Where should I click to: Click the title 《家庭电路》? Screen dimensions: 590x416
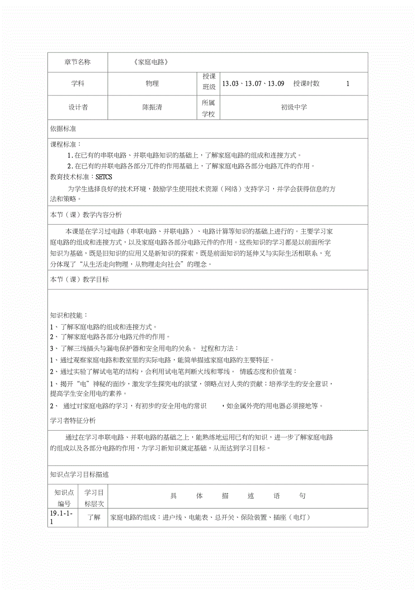tap(151, 62)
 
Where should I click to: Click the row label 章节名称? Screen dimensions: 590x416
tap(77, 62)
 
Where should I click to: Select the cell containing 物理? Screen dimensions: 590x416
tap(152, 83)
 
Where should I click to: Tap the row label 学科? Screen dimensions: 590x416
tap(77, 83)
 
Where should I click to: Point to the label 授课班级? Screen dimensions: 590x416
tap(209, 82)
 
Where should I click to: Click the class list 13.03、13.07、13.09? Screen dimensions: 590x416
tap(253, 83)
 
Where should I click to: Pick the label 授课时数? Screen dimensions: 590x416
tap(306, 83)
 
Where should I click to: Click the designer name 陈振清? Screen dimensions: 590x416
tap(152, 107)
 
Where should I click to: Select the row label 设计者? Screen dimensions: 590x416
tap(78, 107)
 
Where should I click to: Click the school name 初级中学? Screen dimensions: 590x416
tap(294, 107)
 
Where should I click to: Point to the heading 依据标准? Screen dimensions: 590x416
tap(63, 129)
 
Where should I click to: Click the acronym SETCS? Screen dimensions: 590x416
tap(104, 177)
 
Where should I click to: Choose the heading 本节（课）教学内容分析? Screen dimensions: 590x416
tap(86, 215)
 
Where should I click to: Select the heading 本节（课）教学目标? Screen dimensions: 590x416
tap(80, 279)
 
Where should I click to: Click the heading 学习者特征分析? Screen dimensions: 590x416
tap(73, 421)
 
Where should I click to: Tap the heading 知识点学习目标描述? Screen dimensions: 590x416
tap(80, 475)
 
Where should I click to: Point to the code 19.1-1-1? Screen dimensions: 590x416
tap(63, 518)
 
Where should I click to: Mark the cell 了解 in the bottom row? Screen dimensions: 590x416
tap(94, 517)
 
